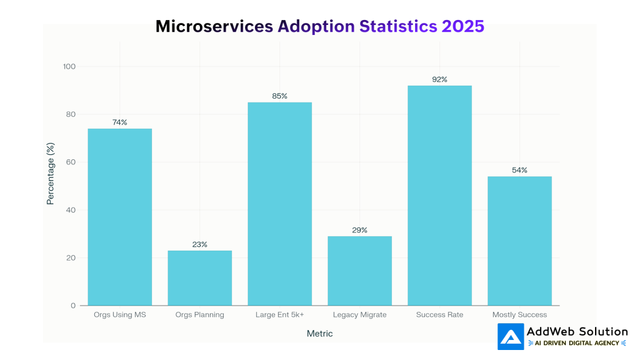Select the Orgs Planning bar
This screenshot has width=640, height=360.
(199, 277)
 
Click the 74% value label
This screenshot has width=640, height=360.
(119, 122)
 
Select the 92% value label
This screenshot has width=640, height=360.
(439, 79)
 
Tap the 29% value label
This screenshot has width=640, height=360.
(359, 230)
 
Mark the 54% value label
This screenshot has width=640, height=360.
(519, 170)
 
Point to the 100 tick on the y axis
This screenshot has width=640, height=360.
(69, 67)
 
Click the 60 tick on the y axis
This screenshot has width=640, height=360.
(71, 162)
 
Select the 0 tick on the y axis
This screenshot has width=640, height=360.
(73, 306)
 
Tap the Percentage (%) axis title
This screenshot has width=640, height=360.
(51, 173)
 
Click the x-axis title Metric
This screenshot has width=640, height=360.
(319, 334)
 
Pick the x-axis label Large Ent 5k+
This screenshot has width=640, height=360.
(279, 315)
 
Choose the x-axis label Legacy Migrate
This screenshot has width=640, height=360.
(359, 315)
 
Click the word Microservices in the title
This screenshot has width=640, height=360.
(214, 26)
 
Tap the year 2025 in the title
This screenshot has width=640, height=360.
(462, 26)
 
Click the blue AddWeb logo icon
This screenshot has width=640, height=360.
(511, 336)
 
